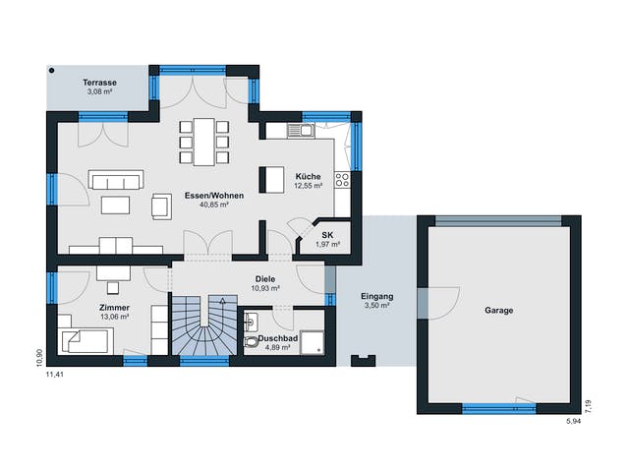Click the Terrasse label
[100, 83]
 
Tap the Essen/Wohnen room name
[214, 196]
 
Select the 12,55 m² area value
[309, 186]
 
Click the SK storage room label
[327, 236]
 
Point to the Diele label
[265, 279]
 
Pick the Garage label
[499, 311]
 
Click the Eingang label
[377, 297]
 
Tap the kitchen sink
[301, 131]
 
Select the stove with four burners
[343, 180]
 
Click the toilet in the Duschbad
[251, 341]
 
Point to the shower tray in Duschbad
[313, 342]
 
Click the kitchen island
[271, 180]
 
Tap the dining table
[204, 142]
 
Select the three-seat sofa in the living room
[116, 179]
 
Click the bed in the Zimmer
[86, 341]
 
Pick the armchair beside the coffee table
[161, 206]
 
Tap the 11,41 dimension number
[55, 375]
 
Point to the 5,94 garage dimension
[574, 422]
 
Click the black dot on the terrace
[51, 71]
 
